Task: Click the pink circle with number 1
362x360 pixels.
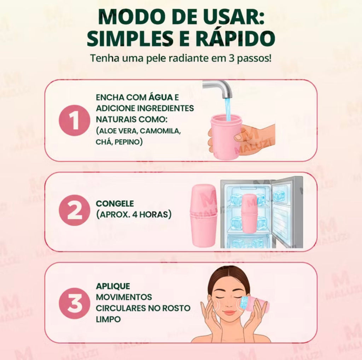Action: point(75,120)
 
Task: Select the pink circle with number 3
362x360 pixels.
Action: point(75,303)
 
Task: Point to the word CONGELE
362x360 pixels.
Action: point(115,204)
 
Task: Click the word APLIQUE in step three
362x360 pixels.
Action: point(113,286)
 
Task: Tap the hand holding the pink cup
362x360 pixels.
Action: point(255,138)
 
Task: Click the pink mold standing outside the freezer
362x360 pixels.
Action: point(203,216)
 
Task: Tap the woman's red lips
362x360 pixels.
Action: point(229,313)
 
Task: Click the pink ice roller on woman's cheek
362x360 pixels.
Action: point(257,304)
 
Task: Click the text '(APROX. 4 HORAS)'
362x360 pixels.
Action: point(133,215)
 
